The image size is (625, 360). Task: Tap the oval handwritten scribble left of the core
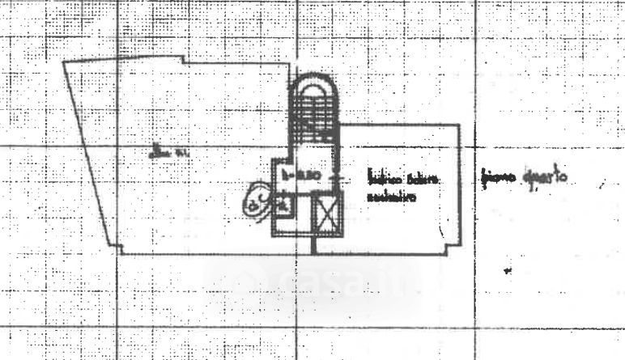[x=258, y=198]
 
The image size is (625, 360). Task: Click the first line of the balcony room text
[x=403, y=180]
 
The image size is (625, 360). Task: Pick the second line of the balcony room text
[x=391, y=196]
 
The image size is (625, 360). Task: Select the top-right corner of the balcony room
[x=460, y=124]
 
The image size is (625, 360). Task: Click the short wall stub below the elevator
[x=312, y=244]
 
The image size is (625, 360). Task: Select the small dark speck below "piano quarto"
[x=508, y=271]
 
